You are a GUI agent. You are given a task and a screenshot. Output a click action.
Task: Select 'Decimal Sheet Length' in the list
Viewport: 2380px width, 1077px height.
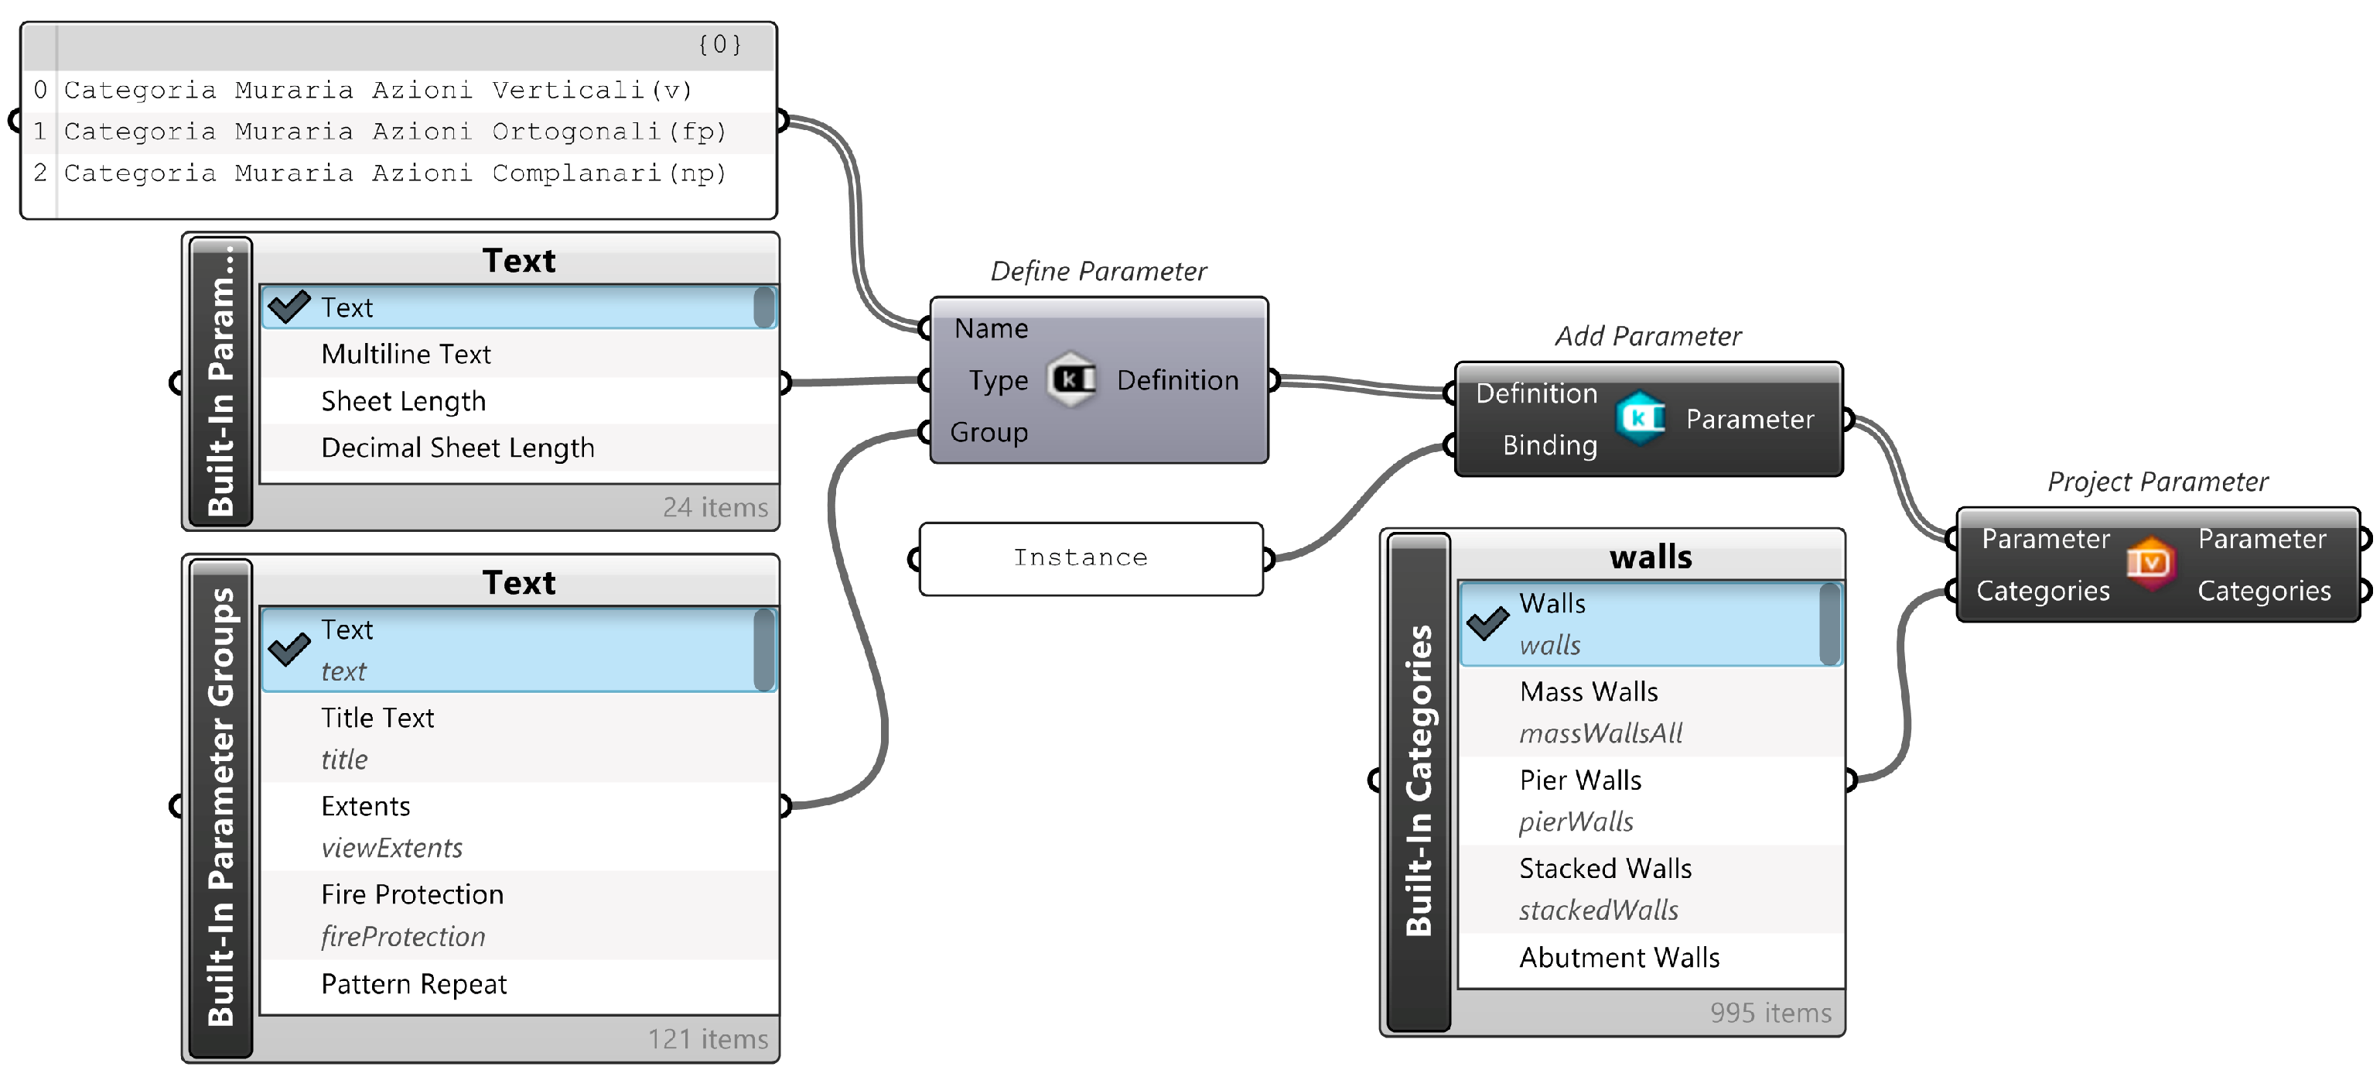point(457,448)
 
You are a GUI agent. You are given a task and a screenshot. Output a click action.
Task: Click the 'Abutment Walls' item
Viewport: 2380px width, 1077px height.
point(1619,957)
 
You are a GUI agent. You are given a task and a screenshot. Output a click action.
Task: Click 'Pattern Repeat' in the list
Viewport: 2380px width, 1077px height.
point(413,983)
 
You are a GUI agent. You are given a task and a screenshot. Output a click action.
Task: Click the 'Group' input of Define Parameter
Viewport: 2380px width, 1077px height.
point(989,432)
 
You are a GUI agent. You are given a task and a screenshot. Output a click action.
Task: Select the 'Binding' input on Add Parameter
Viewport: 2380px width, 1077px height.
point(1549,444)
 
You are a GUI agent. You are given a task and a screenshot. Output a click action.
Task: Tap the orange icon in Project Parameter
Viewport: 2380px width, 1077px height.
point(2151,563)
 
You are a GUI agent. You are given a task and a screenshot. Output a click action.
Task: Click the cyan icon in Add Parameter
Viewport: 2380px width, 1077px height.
point(1640,418)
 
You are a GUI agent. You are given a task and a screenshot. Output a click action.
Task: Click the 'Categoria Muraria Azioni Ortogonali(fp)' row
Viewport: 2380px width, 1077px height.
point(395,132)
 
